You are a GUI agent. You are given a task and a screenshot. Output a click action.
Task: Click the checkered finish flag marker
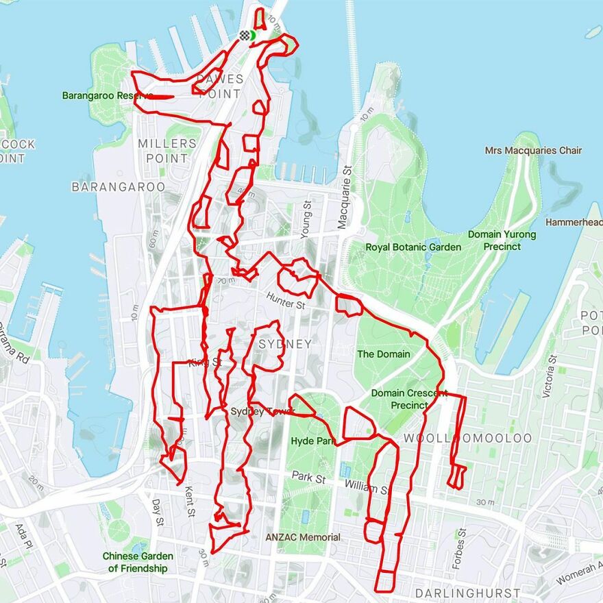pos(245,36)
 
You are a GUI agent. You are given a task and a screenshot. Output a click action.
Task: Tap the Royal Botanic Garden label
pos(413,247)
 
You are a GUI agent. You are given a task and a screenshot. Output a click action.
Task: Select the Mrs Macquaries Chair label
pos(533,151)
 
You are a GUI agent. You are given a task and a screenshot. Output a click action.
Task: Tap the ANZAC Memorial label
pos(303,537)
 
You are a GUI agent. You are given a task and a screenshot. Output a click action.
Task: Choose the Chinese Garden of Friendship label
pos(138,562)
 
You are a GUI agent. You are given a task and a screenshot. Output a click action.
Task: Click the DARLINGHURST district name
pos(467,593)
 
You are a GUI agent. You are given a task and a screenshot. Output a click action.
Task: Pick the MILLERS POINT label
pos(167,151)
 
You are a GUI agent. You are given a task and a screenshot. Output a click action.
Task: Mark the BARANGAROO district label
pos(119,186)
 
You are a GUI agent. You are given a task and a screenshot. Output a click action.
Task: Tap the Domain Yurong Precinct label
pos(502,241)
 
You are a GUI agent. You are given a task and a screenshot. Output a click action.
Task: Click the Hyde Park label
pos(312,441)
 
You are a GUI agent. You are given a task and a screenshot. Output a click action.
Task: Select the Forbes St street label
pos(459,549)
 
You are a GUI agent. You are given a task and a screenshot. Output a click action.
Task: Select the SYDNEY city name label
pos(285,344)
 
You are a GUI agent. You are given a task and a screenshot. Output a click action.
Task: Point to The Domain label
pos(384,354)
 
